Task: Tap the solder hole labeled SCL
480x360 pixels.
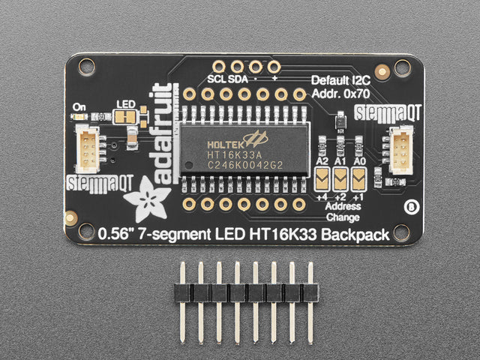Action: click(x=219, y=67)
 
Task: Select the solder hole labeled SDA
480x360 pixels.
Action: click(x=237, y=67)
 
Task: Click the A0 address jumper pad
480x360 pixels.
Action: click(x=358, y=179)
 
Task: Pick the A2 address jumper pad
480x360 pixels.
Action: click(x=322, y=179)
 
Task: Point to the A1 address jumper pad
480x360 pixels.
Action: click(x=340, y=179)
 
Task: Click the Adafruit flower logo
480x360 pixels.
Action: click(x=147, y=199)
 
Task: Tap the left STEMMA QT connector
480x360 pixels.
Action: click(x=88, y=148)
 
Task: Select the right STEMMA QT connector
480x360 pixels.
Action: click(x=401, y=150)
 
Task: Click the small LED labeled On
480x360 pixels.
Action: click(x=79, y=117)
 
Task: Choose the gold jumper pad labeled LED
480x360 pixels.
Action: click(x=126, y=117)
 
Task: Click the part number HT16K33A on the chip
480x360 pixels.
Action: click(x=235, y=154)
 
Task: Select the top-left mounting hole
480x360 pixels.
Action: click(x=87, y=67)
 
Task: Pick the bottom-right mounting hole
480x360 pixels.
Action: click(x=401, y=232)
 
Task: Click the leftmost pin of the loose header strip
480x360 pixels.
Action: click(x=183, y=301)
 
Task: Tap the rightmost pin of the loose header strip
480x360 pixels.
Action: click(x=310, y=301)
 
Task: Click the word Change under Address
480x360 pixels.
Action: click(x=343, y=217)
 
